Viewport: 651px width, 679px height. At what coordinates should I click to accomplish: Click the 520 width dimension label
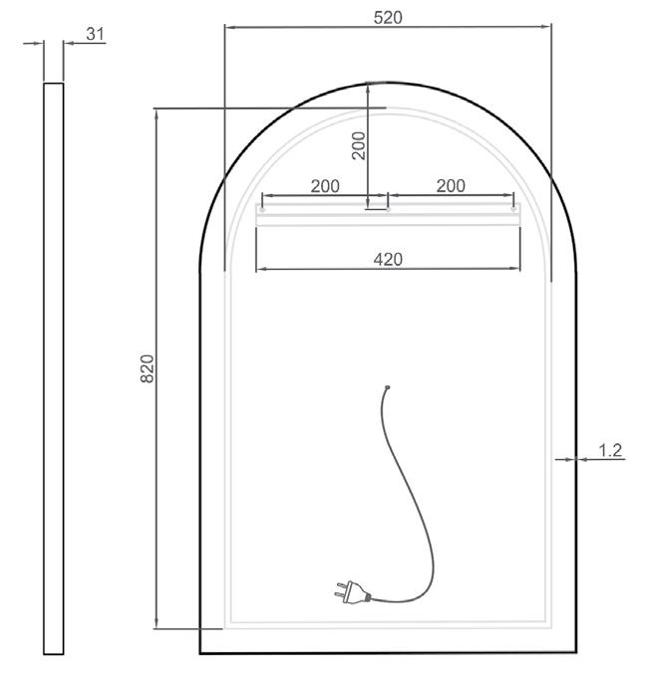pos(388,17)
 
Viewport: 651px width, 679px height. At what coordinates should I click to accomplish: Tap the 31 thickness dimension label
pos(95,34)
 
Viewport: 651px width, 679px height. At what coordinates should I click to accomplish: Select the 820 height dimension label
pos(148,368)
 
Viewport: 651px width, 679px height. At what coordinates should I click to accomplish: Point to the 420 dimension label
pos(388,260)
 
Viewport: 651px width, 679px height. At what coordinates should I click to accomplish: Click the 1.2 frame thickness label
pos(610,450)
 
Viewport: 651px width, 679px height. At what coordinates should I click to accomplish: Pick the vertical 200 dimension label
pos(359,146)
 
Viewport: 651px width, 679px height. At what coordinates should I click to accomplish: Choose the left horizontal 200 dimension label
pos(325,186)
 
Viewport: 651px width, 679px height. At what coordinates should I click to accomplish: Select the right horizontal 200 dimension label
pos(451,186)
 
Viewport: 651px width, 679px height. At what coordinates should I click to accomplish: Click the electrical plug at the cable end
pos(352,592)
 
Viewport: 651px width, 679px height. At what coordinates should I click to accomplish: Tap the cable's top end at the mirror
pos(387,387)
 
